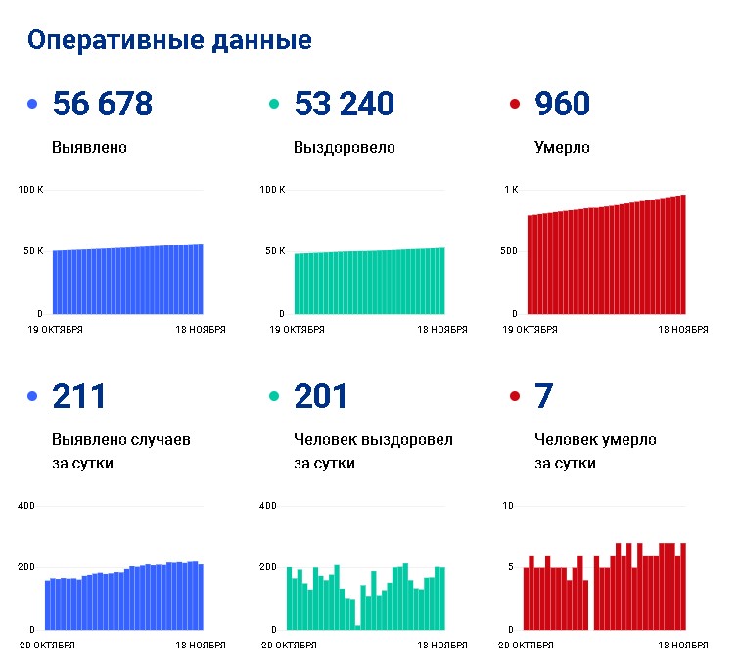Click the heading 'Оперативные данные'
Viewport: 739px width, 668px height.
(x=169, y=41)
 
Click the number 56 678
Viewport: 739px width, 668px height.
(x=103, y=103)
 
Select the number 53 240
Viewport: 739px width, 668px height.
(x=344, y=103)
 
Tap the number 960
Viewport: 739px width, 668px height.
(x=562, y=103)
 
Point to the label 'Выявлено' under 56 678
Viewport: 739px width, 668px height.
(x=89, y=147)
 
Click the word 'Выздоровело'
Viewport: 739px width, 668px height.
(x=344, y=147)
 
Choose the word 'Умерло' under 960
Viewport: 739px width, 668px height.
(x=562, y=147)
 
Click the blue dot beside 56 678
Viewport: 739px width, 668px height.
(x=32, y=104)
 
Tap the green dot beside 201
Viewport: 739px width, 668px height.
(x=274, y=396)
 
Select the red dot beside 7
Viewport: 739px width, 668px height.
(x=515, y=396)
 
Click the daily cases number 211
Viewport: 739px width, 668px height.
(x=78, y=396)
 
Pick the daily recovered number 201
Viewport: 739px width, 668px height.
(x=320, y=396)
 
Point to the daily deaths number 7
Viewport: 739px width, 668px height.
(x=543, y=396)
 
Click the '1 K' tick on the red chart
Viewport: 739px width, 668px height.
(x=511, y=190)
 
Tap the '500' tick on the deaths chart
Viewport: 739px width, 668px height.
(x=509, y=251)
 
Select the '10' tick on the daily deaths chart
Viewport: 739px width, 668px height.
(x=508, y=506)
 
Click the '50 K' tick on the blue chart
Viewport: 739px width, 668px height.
(x=33, y=251)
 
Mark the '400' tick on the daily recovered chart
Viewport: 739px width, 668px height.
(x=267, y=506)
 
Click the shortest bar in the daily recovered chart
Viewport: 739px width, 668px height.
(x=357, y=628)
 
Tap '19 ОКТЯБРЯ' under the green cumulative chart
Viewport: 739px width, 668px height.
(x=297, y=330)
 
